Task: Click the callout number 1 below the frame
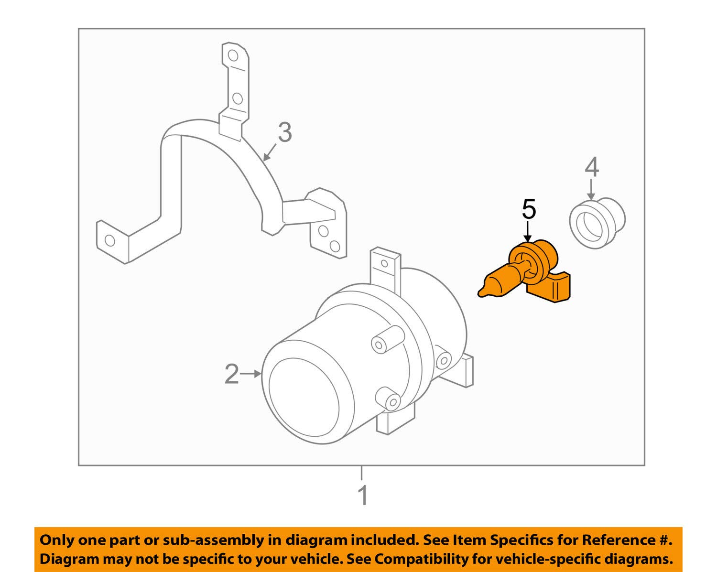point(363,496)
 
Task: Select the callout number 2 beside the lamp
point(232,374)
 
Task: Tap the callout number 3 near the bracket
point(284,132)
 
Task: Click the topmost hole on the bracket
point(233,55)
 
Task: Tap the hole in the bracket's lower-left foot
point(110,240)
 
